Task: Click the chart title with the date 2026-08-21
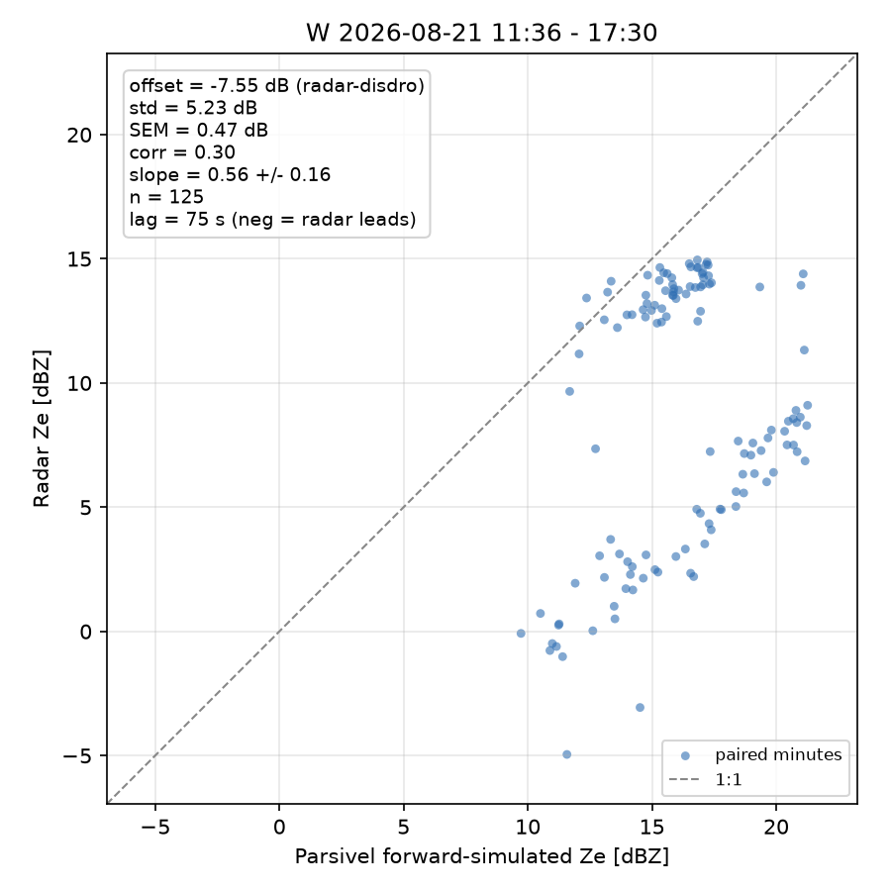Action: pyautogui.click(x=481, y=33)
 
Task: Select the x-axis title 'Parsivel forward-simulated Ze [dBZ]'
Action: pyautogui.click(x=481, y=856)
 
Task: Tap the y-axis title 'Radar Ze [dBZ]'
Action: pyautogui.click(x=42, y=429)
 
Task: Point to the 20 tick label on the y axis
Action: pyautogui.click(x=79, y=136)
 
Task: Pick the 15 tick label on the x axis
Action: pyautogui.click(x=651, y=828)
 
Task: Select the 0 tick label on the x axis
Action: pyautogui.click(x=279, y=828)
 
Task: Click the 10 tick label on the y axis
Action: pyautogui.click(x=79, y=383)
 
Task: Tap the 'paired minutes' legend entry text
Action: pyautogui.click(x=778, y=754)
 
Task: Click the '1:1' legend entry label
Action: pyautogui.click(x=729, y=780)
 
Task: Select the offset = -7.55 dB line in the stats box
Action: pyautogui.click(x=277, y=86)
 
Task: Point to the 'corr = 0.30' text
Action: pyautogui.click(x=182, y=152)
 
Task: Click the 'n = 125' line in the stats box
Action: pyautogui.click(x=166, y=197)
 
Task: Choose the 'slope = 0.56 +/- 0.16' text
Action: pyautogui.click(x=230, y=174)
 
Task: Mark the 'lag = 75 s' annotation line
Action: pyautogui.click(x=273, y=220)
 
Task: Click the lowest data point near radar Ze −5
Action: pyautogui.click(x=566, y=754)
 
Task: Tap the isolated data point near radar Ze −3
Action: pyautogui.click(x=640, y=708)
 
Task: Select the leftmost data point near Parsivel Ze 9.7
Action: pyautogui.click(x=521, y=633)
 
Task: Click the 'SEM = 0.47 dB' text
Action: pyautogui.click(x=198, y=130)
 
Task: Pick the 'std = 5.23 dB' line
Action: pyautogui.click(x=193, y=108)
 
